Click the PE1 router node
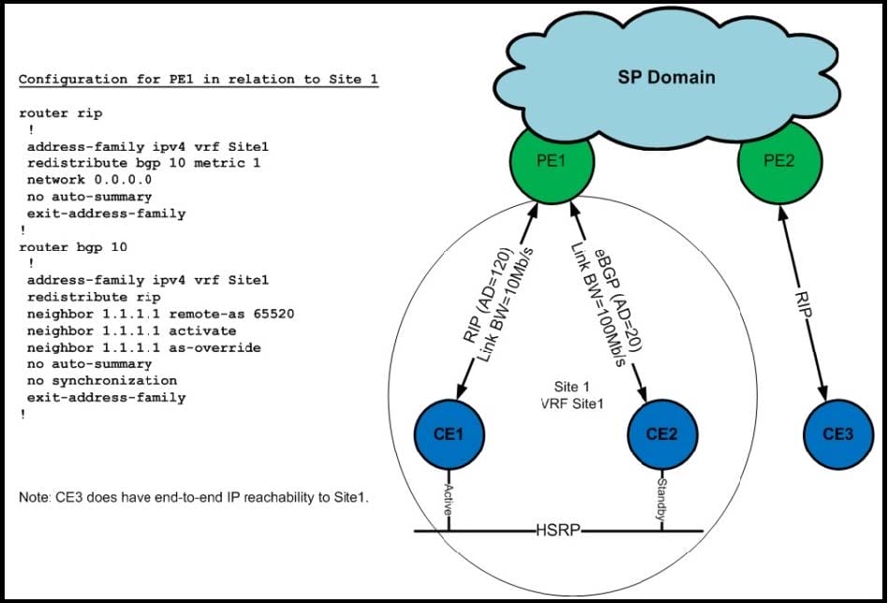click(552, 161)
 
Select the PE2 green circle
click(780, 161)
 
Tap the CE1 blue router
click(449, 434)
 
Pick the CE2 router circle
click(662, 434)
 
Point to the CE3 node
click(838, 434)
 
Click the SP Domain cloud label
click(666, 77)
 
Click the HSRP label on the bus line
click(558, 531)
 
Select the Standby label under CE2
click(661, 499)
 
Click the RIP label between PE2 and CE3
click(804, 304)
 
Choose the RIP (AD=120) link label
click(489, 294)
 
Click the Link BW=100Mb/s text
click(598, 305)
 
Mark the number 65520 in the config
click(274, 314)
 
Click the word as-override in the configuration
click(215, 347)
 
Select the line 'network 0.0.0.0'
click(90, 180)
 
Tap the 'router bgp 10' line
click(73, 247)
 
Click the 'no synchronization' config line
click(102, 380)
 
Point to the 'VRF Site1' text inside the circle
click(572, 404)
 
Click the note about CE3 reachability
click(194, 497)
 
